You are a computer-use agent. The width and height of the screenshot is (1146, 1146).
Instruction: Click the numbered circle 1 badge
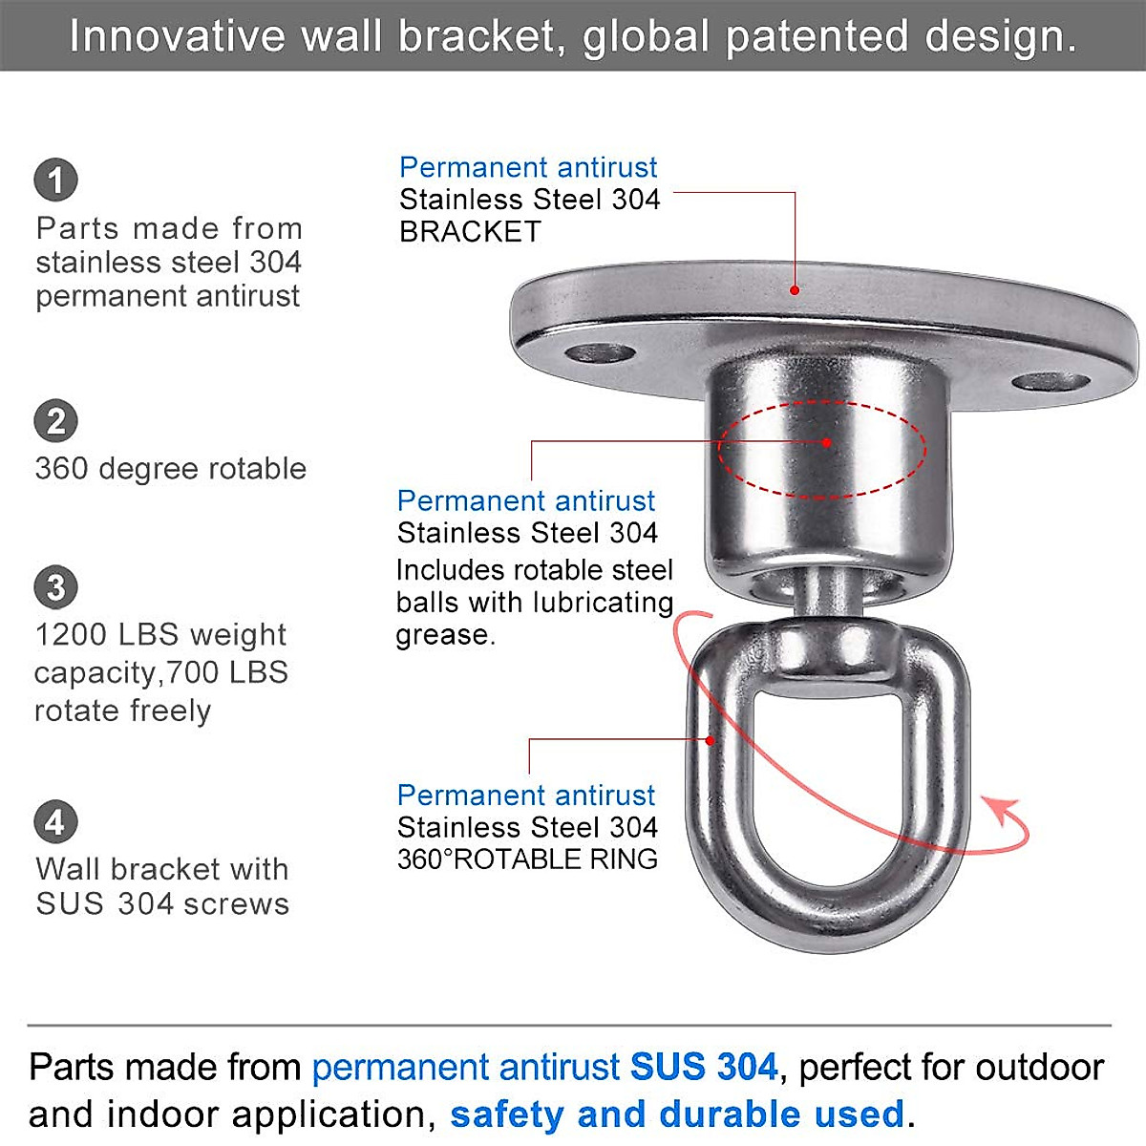[x=55, y=180]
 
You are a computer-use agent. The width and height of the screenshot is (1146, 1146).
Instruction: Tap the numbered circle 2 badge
[x=55, y=421]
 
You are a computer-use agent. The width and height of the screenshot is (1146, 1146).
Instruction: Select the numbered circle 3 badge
[x=55, y=587]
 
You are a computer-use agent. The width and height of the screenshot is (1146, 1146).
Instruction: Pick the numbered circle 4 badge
[x=55, y=822]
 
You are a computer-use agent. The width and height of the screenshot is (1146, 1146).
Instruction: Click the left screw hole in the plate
[x=600, y=354]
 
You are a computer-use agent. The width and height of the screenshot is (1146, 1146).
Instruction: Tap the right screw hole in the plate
[x=1050, y=383]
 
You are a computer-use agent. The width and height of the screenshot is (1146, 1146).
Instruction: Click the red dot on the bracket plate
[x=795, y=289]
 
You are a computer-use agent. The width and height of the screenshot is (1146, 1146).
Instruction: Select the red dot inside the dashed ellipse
[x=826, y=442]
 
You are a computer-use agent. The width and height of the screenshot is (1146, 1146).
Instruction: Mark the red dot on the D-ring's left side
[x=710, y=740]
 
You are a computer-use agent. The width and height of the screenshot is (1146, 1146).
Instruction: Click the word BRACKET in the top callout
[x=470, y=232]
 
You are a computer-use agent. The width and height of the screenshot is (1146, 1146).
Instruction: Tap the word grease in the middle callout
[x=443, y=635]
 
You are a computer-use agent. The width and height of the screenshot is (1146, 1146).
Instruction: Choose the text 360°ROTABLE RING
[x=527, y=859]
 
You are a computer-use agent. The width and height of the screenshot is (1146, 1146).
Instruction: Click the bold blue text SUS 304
[x=704, y=1067]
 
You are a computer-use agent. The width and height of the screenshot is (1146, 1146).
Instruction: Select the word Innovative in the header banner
[x=178, y=37]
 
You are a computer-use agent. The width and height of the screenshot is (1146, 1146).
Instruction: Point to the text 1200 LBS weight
[x=160, y=635]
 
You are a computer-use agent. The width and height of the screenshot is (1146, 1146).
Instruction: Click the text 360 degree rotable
[x=171, y=469]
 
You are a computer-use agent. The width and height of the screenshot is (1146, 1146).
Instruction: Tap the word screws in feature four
[x=241, y=903]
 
